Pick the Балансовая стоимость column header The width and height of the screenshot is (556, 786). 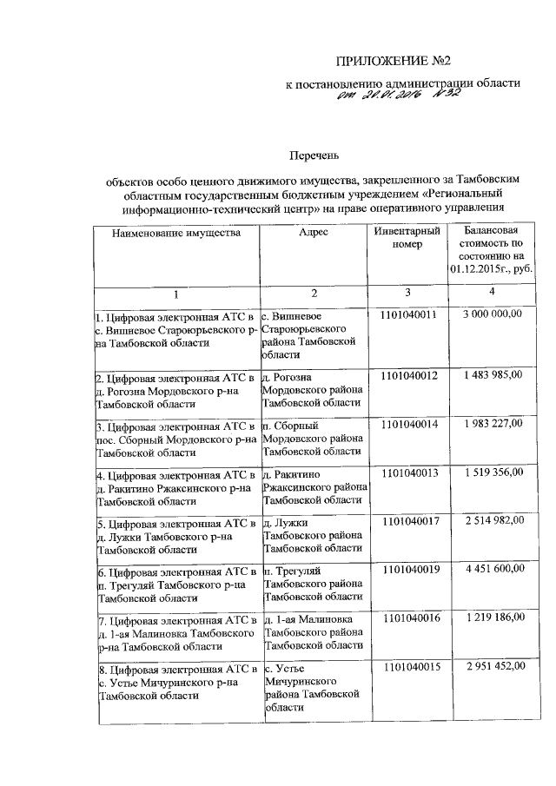(492, 250)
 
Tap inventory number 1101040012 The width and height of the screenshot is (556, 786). (408, 375)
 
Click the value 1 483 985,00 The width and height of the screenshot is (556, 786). (493, 374)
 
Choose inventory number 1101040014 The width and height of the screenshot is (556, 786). (408, 423)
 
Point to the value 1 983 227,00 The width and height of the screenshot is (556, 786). (493, 423)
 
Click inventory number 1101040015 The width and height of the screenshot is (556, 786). (408, 666)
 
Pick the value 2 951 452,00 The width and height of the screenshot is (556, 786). (493, 666)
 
